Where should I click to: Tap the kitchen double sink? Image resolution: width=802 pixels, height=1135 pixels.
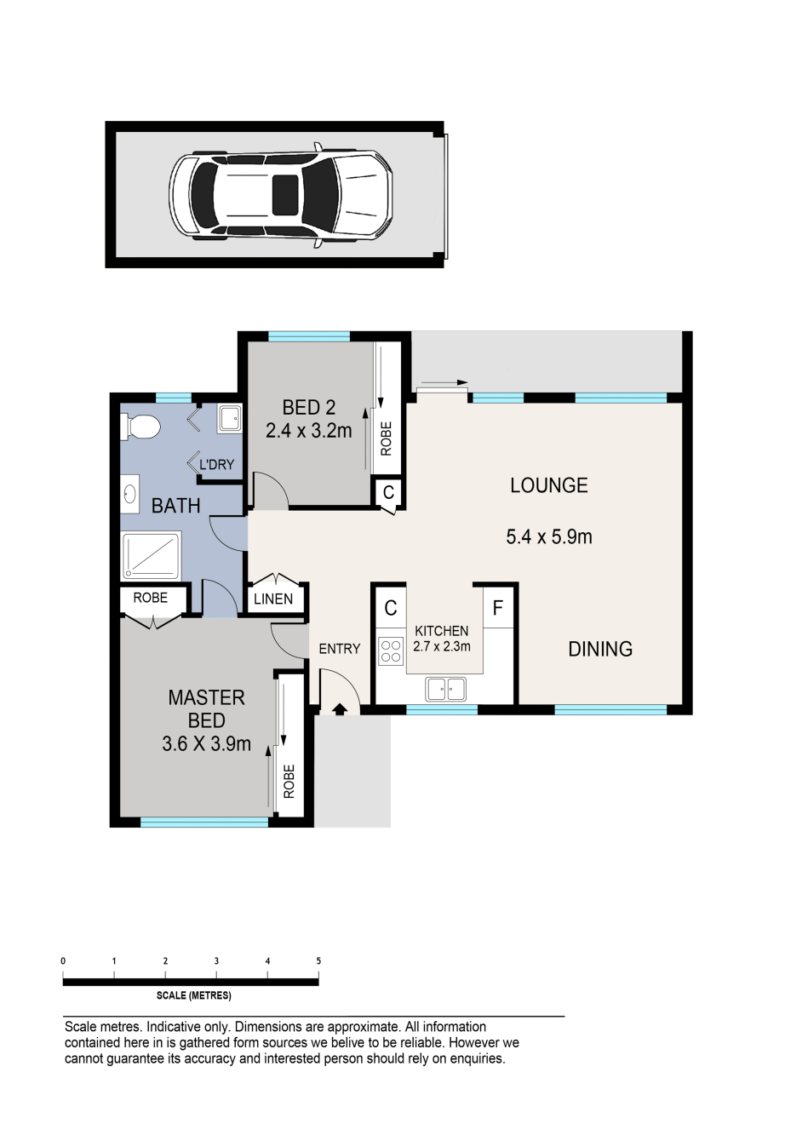[x=445, y=689]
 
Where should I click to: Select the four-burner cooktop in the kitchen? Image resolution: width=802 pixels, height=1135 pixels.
[x=391, y=651]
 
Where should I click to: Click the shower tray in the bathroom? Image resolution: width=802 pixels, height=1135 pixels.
[x=151, y=555]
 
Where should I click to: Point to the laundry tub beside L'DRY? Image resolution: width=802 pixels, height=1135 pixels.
[x=230, y=418]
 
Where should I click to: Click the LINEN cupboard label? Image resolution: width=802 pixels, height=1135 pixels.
[x=273, y=599]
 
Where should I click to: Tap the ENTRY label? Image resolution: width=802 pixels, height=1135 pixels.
[x=340, y=649]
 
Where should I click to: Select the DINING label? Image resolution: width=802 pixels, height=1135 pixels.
[x=600, y=649]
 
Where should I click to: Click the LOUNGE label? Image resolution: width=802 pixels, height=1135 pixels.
[x=549, y=485]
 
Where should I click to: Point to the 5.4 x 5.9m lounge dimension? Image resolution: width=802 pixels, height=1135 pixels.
[x=549, y=536]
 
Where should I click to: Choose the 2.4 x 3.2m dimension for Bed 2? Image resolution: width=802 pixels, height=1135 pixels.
[x=308, y=431]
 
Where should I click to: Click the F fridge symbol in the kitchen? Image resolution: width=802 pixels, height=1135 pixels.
[x=498, y=608]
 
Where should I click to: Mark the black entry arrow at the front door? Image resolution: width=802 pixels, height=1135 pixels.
[x=340, y=709]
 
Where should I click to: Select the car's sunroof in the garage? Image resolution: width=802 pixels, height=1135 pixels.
[x=285, y=195]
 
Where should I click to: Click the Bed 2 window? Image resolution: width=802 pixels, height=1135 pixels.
[x=309, y=336]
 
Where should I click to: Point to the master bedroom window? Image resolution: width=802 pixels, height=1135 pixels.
[x=204, y=823]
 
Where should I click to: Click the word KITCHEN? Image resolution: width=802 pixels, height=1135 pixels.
[x=441, y=631]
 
